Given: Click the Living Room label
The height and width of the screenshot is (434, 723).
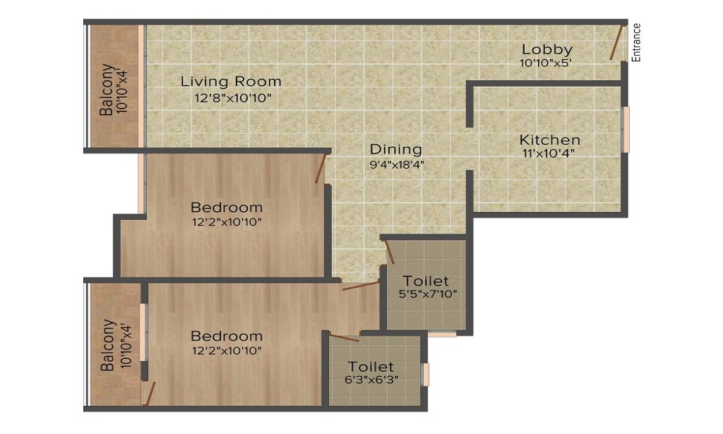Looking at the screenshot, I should [231, 81].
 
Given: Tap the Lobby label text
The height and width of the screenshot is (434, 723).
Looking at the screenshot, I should [547, 50].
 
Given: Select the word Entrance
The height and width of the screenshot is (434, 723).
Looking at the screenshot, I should [636, 43].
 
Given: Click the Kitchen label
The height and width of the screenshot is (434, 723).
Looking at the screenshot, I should [549, 140].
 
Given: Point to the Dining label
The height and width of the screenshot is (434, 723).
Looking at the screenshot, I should [395, 150].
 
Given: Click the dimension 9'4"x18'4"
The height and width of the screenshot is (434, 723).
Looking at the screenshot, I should [395, 163].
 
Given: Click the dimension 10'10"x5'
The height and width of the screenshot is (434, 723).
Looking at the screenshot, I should [546, 64].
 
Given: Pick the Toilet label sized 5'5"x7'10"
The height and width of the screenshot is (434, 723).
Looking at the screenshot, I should [426, 281].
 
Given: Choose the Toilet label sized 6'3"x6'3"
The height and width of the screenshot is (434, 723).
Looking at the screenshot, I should [371, 367].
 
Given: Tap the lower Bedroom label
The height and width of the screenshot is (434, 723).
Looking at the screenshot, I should [226, 336].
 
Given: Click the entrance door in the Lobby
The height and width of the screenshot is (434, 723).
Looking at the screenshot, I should [616, 43].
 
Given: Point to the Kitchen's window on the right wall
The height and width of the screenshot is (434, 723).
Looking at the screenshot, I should [626, 129].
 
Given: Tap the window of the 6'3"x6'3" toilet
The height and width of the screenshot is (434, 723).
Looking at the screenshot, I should [426, 374].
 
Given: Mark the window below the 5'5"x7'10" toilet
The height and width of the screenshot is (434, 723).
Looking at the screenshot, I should [441, 334].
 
